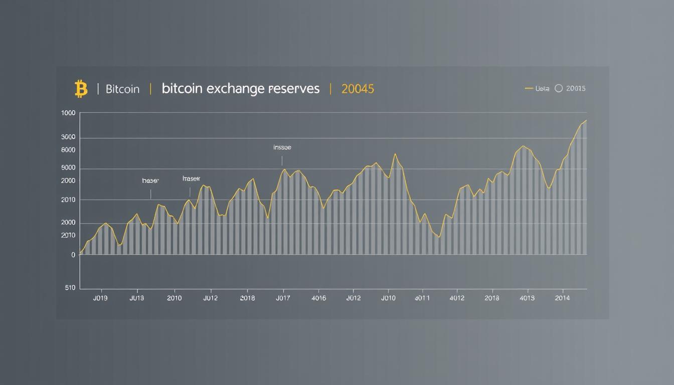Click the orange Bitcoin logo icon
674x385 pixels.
[81, 89]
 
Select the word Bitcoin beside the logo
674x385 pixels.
[122, 89]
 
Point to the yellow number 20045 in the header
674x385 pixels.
[358, 89]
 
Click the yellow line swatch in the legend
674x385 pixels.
[529, 89]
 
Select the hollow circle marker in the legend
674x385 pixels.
[559, 89]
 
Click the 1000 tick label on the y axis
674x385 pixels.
[68, 113]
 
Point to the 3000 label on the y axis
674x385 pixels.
[68, 137]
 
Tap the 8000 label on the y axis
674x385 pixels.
[68, 150]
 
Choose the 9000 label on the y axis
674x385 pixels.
[68, 168]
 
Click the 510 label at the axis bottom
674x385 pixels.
[70, 288]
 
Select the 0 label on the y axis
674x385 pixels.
[73, 255]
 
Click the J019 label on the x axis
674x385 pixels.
[100, 298]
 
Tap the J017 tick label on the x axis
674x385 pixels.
[283, 298]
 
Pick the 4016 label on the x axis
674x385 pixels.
[318, 298]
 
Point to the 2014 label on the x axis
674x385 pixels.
[562, 298]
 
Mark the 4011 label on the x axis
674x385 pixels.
[422, 298]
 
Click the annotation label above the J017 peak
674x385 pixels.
[282, 148]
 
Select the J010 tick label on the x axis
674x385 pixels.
[388, 298]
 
